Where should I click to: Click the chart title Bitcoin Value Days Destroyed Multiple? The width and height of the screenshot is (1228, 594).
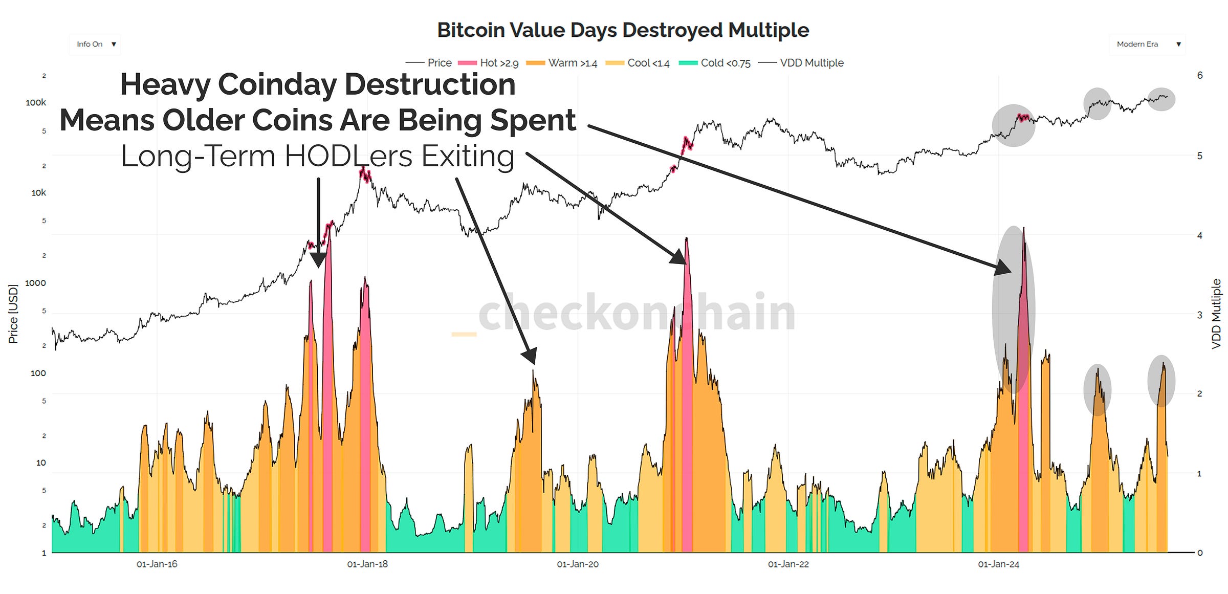[623, 30]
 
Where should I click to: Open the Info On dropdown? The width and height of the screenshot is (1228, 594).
[95, 45]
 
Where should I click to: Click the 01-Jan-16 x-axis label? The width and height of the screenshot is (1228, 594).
[157, 564]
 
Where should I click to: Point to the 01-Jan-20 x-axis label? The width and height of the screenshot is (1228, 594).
[578, 564]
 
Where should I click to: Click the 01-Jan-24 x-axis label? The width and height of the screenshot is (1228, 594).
[998, 564]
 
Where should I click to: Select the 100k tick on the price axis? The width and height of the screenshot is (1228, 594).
[36, 103]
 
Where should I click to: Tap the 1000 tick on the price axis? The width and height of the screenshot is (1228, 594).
[35, 283]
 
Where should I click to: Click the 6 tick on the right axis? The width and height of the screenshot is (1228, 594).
[1200, 76]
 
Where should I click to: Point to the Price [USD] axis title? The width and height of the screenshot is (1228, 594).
[13, 314]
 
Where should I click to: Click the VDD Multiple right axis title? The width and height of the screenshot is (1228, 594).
[1217, 314]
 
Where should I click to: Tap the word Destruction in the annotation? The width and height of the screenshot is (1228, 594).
[430, 84]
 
